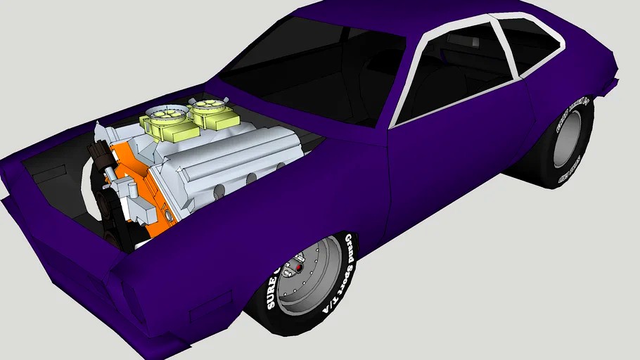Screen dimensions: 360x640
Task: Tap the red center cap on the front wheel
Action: click(300, 269)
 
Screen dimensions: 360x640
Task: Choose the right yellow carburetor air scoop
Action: click(207, 111)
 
